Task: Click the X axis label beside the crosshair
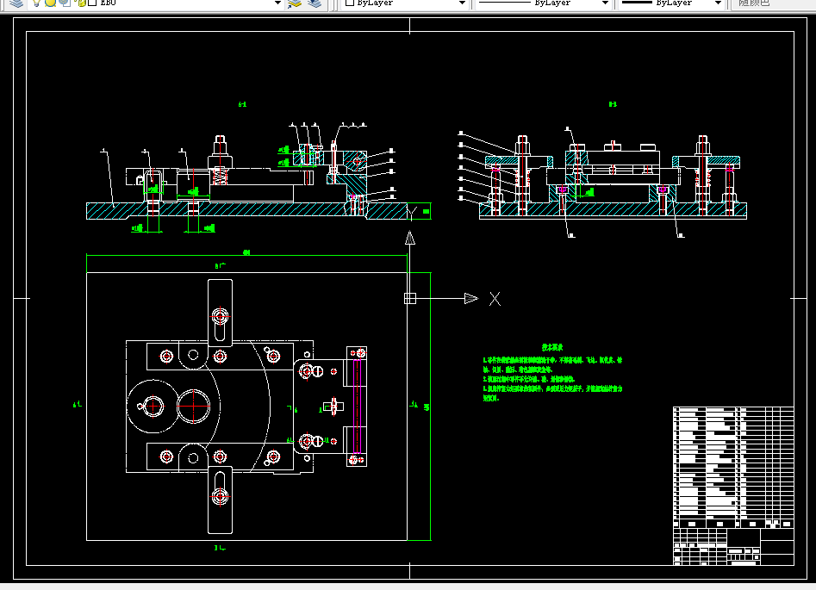tap(495, 299)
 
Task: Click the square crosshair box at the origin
tap(410, 299)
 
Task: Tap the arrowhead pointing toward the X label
tap(470, 299)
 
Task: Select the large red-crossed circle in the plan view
tap(195, 405)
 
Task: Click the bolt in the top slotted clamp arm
tap(221, 315)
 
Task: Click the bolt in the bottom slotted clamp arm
tap(221, 496)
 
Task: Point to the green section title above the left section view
tap(242, 104)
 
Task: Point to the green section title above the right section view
tap(613, 104)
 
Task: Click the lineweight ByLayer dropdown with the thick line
tap(672, 3)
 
